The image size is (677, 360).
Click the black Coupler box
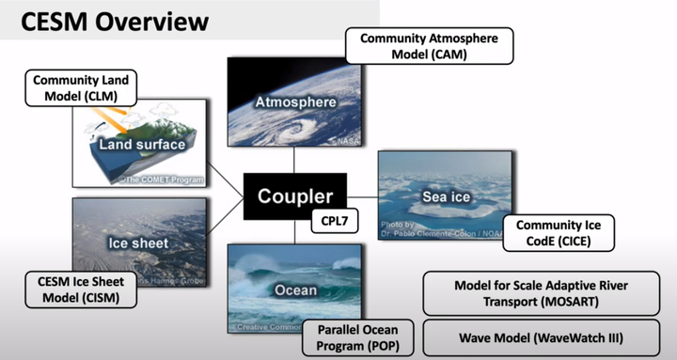[296, 196]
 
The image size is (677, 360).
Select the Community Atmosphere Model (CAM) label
[430, 45]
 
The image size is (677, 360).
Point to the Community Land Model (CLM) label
[82, 88]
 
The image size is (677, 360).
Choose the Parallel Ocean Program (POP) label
[356, 337]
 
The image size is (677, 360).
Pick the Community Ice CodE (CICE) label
[559, 233]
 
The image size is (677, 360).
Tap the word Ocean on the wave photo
[295, 290]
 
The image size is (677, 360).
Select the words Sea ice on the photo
[446, 196]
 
